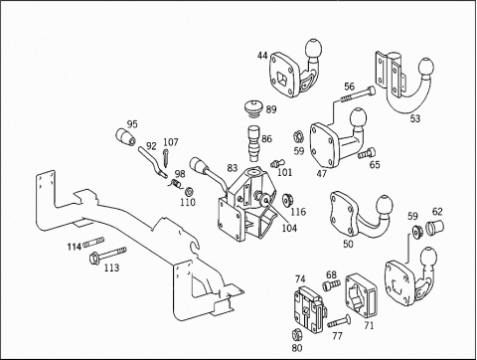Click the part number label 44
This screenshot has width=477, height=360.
[x=262, y=56]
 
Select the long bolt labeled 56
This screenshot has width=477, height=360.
[x=358, y=94]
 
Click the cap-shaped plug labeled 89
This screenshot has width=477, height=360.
[x=253, y=108]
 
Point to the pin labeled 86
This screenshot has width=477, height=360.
[x=254, y=143]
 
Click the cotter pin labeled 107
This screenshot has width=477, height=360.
[x=166, y=158]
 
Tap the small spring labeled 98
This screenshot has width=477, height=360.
[x=176, y=184]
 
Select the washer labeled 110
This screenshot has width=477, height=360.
[x=190, y=192]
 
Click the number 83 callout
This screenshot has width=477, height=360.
[x=233, y=168]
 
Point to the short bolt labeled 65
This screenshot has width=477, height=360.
[x=367, y=153]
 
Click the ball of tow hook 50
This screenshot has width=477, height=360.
[x=384, y=205]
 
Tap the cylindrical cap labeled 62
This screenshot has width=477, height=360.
[x=434, y=227]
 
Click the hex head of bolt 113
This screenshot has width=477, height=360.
[x=93, y=258]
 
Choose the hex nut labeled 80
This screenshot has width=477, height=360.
[x=297, y=335]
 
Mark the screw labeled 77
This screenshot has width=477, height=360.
[x=340, y=321]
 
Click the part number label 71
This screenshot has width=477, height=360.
[x=369, y=326]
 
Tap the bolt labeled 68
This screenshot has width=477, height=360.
[x=331, y=285]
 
